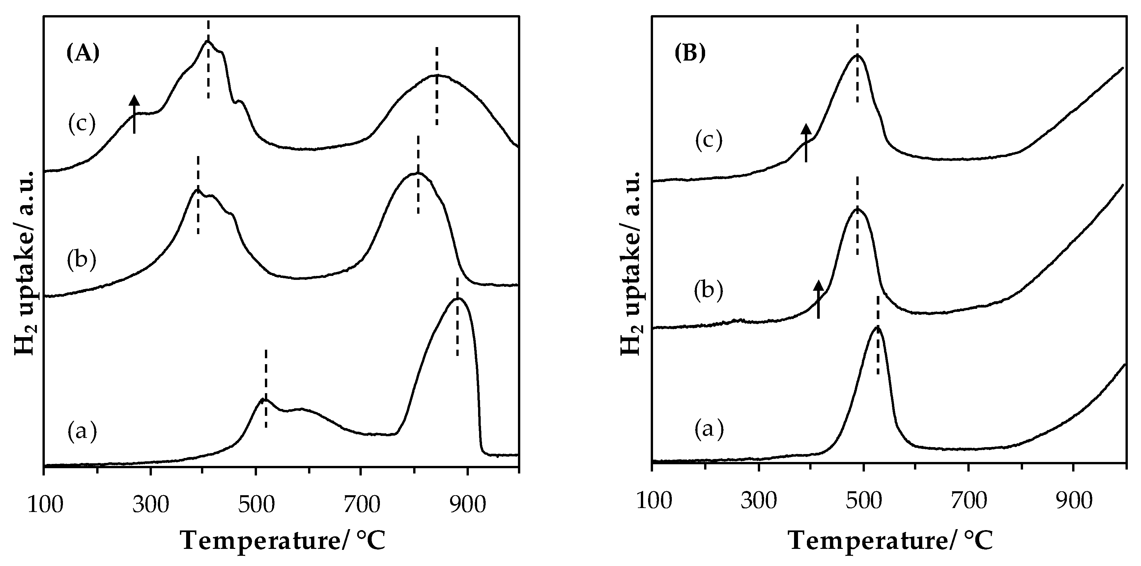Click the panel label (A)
click(x=83, y=54)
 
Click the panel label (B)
click(x=690, y=54)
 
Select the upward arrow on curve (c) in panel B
click(x=806, y=143)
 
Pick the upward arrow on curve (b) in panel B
click(x=818, y=300)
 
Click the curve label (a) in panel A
click(x=82, y=431)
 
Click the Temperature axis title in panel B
click(x=891, y=541)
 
